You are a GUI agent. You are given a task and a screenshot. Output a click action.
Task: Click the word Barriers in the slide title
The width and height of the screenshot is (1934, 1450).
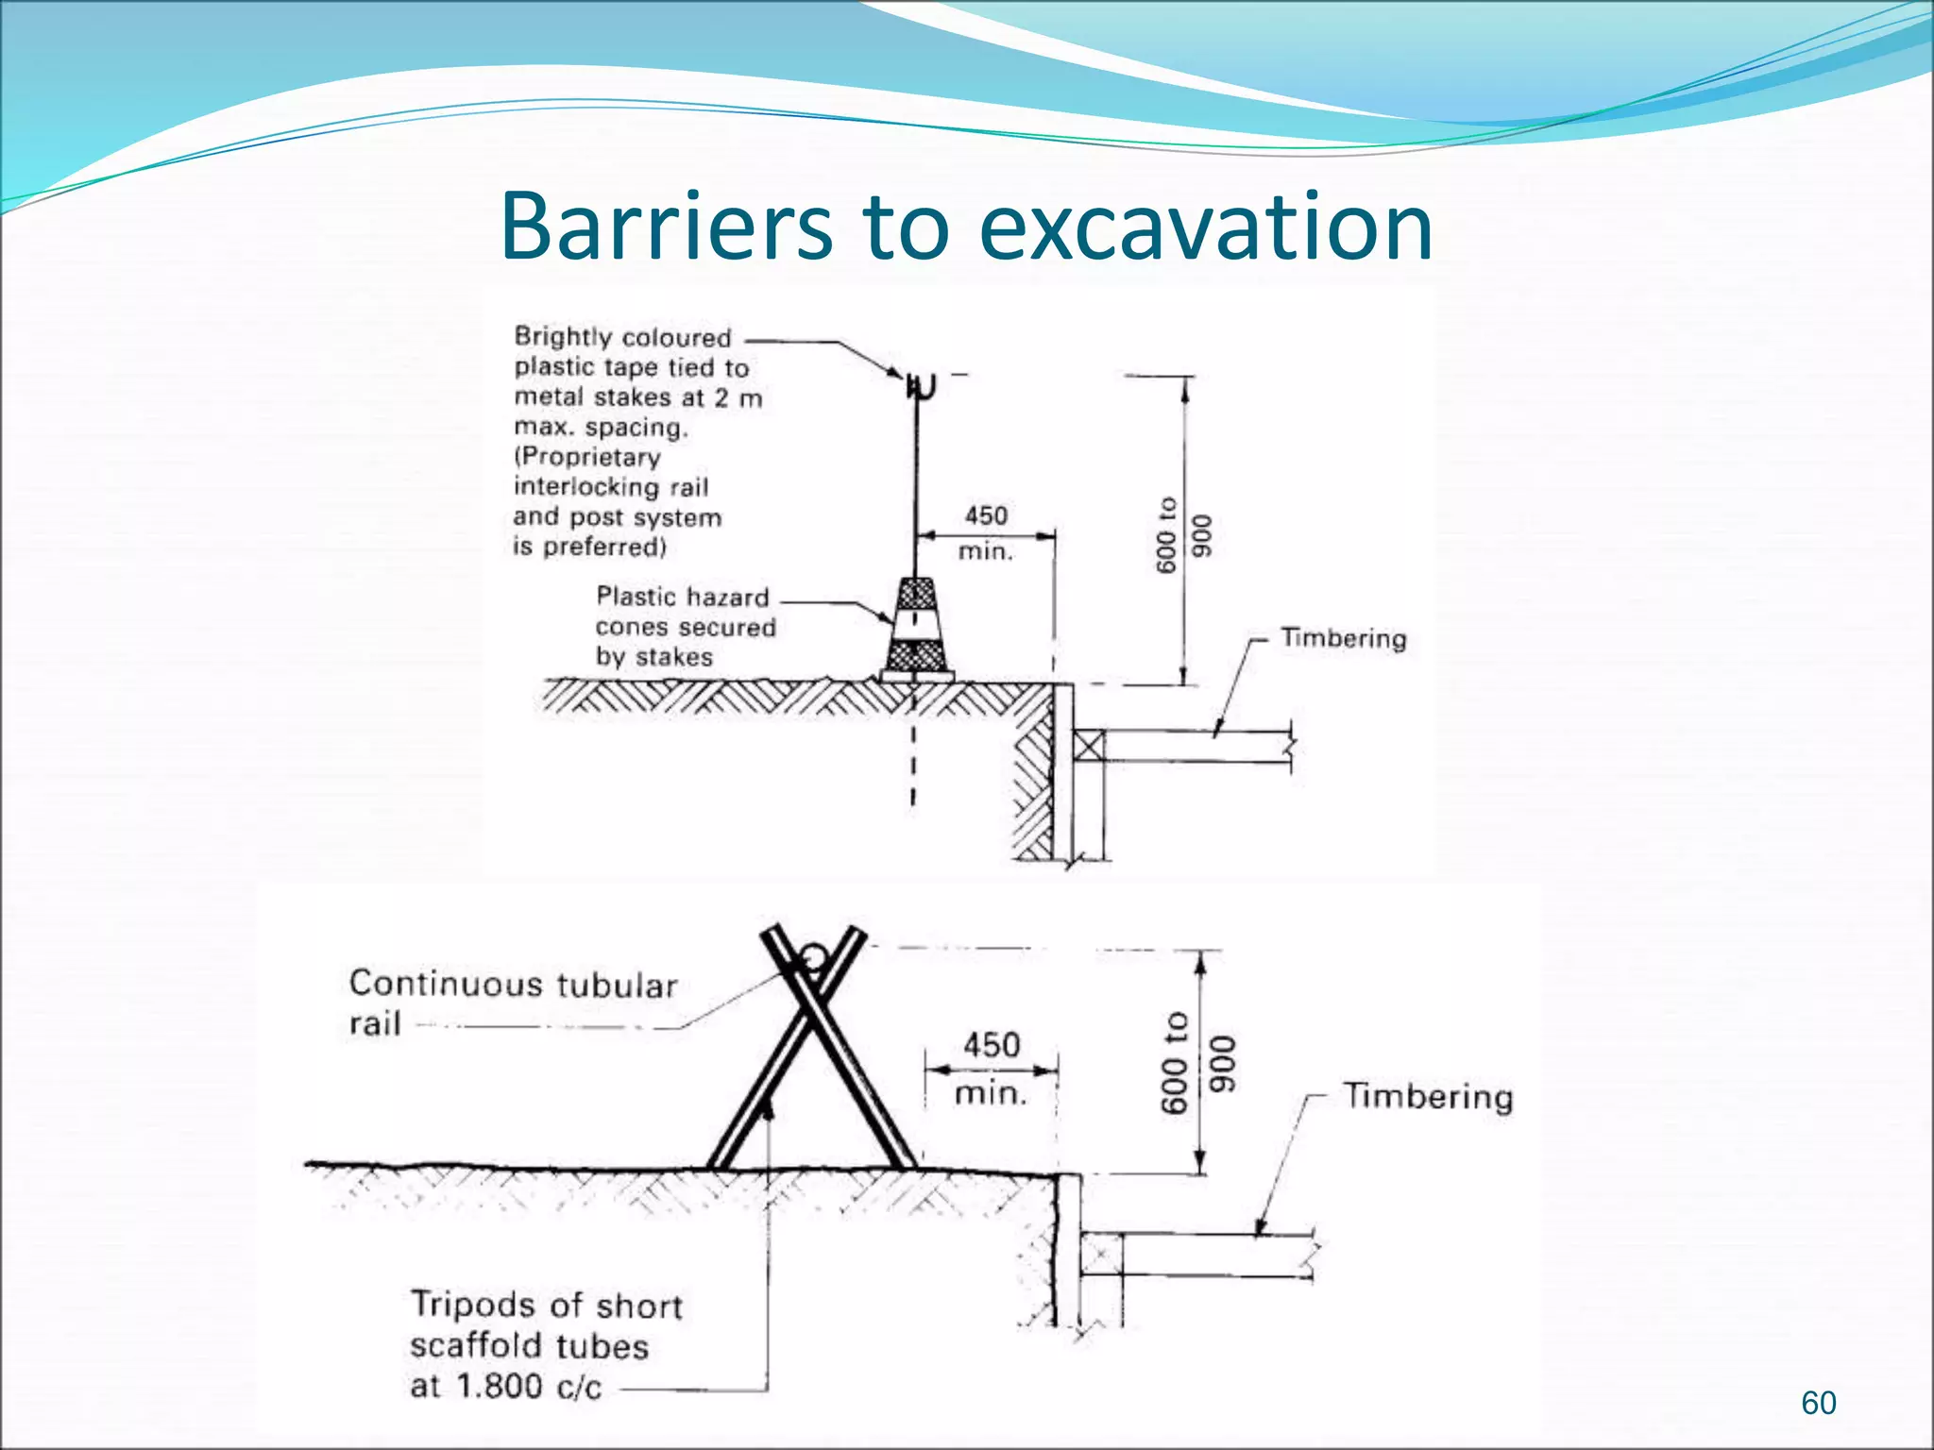[666, 227]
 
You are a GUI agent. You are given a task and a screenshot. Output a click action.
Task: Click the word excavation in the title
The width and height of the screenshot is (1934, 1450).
[1206, 227]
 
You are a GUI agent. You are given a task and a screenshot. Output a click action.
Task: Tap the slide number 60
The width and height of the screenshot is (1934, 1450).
[1818, 1403]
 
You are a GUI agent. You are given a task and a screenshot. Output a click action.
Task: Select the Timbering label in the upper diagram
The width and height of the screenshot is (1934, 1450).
[1343, 638]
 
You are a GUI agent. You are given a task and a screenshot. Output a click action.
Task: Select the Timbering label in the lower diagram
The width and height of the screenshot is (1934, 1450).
[1428, 1096]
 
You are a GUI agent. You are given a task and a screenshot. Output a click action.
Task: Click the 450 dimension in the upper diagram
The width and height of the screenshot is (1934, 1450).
[986, 515]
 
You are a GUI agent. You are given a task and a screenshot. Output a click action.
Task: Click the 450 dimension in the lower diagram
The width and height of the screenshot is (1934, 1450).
[992, 1045]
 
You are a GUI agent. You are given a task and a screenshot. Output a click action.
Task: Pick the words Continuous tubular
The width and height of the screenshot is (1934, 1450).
[513, 985]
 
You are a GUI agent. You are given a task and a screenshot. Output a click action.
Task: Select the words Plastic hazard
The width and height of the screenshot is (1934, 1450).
[682, 597]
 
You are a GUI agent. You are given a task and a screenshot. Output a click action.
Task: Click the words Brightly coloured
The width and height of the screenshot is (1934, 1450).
[622, 337]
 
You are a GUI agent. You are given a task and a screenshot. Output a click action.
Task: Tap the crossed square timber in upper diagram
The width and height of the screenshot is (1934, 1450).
[1088, 746]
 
